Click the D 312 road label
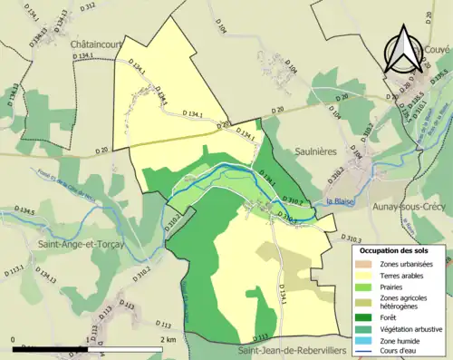(87, 7)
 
